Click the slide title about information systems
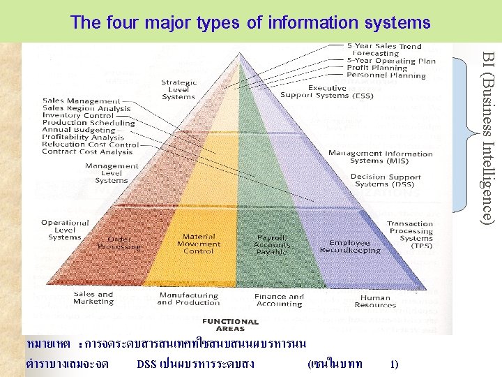(x=250, y=22)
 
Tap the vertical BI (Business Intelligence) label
(x=489, y=138)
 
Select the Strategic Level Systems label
(x=178, y=89)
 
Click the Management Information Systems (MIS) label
(x=380, y=157)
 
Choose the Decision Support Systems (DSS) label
(x=386, y=180)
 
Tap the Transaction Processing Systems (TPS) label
(x=411, y=235)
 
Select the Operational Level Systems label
(x=65, y=230)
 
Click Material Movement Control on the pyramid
(x=199, y=244)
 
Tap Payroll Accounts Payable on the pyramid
(x=272, y=244)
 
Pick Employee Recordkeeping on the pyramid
(x=350, y=246)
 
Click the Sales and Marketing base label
(x=93, y=298)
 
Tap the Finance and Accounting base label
(x=279, y=300)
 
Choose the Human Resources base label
(x=375, y=301)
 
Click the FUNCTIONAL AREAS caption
(x=229, y=325)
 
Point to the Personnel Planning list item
(x=386, y=75)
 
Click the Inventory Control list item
(x=78, y=116)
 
